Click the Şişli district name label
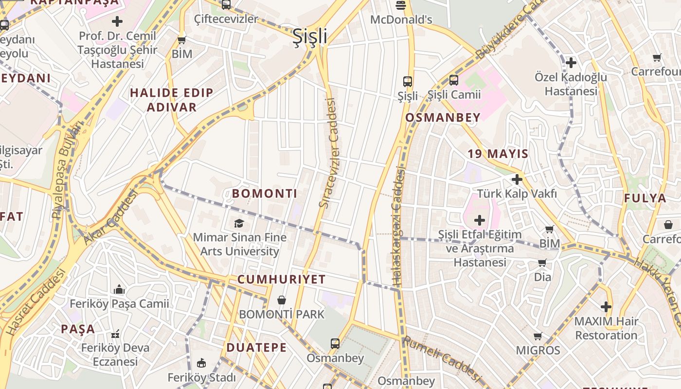point(310,37)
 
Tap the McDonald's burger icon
point(401,6)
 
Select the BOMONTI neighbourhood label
point(264,194)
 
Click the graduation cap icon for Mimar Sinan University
point(239,223)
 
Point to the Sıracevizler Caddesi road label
point(329,153)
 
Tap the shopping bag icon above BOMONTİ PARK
point(281,301)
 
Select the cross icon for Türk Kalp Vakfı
point(517,179)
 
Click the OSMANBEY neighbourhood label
point(443,117)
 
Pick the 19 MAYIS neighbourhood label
point(498,154)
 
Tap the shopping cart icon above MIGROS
point(538,336)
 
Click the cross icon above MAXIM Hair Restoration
point(606,307)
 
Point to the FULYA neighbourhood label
point(645,198)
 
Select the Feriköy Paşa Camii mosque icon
point(119,290)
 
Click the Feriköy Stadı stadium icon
point(201,363)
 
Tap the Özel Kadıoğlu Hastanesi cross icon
point(571,63)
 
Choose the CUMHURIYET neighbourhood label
point(281,279)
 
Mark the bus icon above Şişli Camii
point(453,80)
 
